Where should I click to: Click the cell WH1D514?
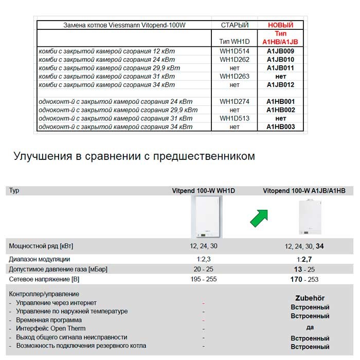[x=234, y=51]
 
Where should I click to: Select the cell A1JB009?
[x=280, y=51]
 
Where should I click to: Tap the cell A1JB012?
[x=280, y=85]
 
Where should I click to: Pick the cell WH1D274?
[x=234, y=102]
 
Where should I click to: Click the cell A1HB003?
[x=280, y=127]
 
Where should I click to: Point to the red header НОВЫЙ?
[x=280, y=25]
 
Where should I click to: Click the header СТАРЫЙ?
[x=235, y=25]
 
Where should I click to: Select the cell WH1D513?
[x=234, y=118]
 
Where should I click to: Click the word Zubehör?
[x=310, y=298]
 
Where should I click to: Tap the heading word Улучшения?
[x=41, y=156]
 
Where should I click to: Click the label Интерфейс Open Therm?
[x=50, y=328]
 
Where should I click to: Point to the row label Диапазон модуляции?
[x=40, y=259]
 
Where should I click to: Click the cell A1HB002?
[x=280, y=110]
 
